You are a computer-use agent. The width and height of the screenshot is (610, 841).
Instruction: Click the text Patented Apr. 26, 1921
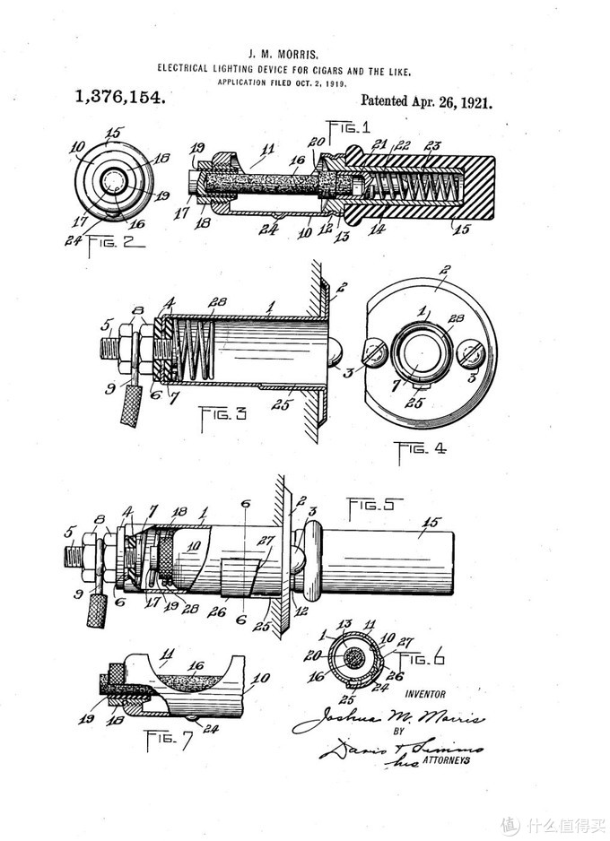[x=426, y=102]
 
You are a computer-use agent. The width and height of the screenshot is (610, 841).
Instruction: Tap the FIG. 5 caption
[x=373, y=502]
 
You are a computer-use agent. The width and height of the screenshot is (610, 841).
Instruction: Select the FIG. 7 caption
[x=169, y=741]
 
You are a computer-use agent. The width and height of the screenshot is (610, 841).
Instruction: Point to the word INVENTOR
[x=424, y=694]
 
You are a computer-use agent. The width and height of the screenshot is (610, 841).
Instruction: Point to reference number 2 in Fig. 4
[x=445, y=269]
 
